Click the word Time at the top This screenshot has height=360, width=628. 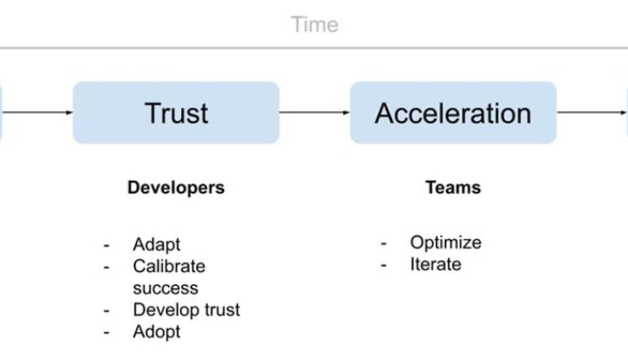click(315, 25)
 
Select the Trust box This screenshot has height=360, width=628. click(176, 113)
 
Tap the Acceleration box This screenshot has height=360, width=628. click(453, 113)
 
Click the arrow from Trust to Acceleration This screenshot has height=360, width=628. click(315, 113)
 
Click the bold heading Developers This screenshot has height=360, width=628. click(176, 187)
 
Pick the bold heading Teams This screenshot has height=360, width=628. click(453, 187)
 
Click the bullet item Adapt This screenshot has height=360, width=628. click(156, 244)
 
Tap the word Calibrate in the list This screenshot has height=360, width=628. click(169, 266)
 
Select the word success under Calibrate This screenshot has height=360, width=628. click(165, 288)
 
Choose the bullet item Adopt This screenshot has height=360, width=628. click(156, 331)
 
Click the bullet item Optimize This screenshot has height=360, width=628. click(446, 242)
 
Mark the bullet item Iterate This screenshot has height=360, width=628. click(435, 264)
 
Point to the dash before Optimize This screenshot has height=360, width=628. click(383, 243)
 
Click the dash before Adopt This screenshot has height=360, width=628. click(107, 332)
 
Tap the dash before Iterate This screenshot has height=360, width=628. click(383, 265)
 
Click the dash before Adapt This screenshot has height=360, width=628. click(107, 245)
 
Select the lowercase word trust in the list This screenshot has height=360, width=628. click(219, 310)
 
